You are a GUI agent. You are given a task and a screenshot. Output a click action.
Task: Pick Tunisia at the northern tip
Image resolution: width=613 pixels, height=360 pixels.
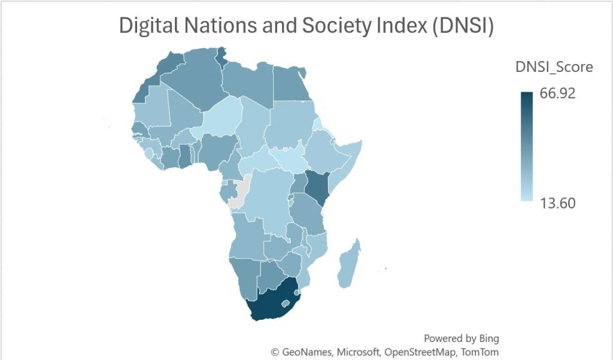[x=223, y=59]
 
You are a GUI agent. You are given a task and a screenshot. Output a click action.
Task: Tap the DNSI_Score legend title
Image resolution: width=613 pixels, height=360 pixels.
[x=554, y=67]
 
